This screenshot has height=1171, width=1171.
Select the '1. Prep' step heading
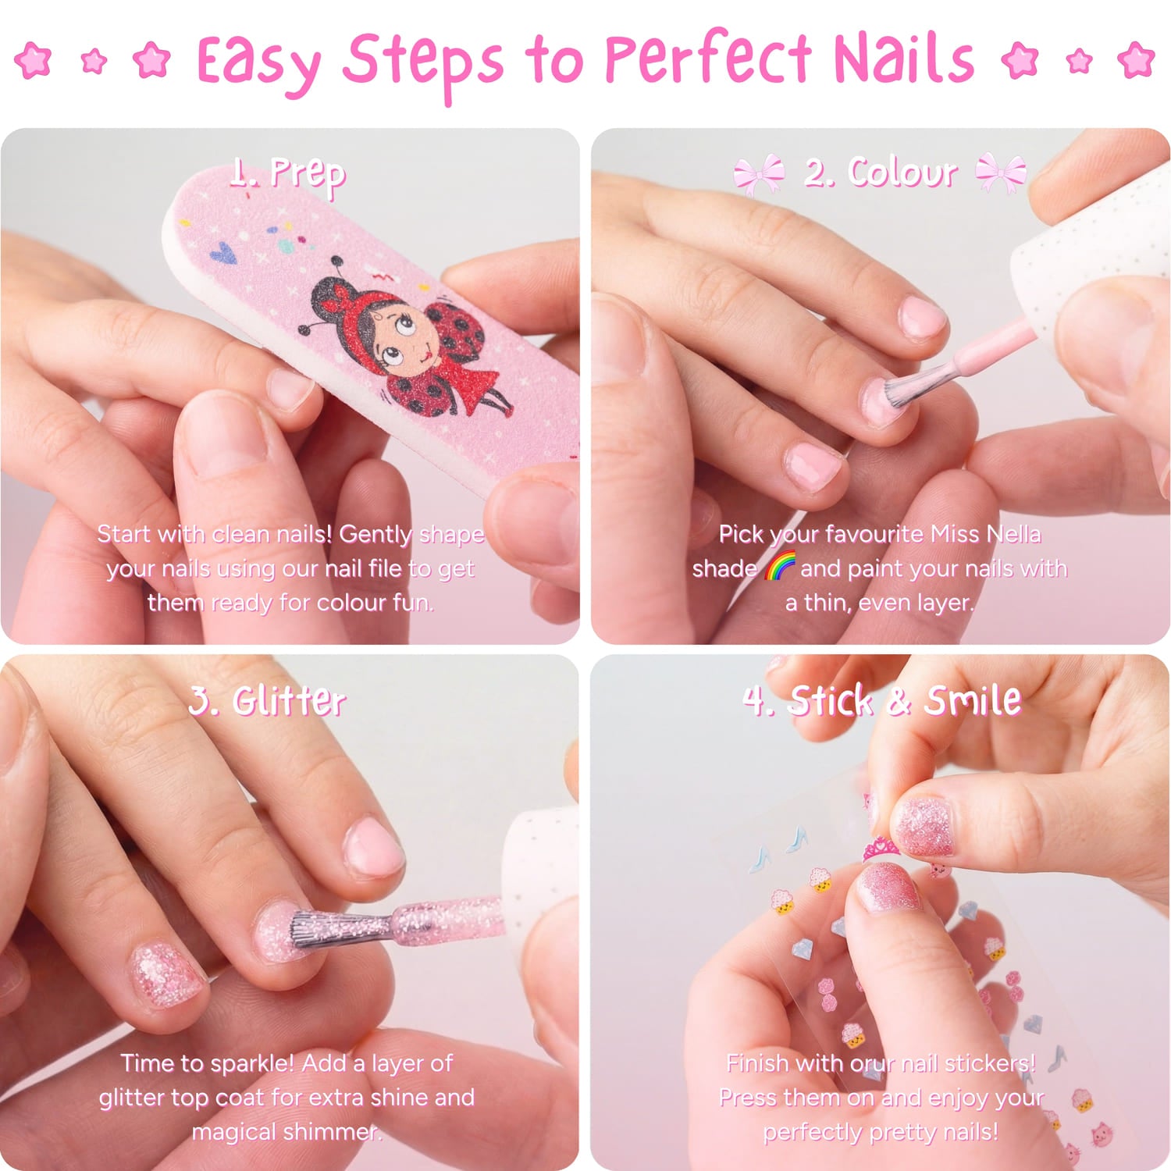point(288,174)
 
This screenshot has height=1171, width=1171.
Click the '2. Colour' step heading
point(881,173)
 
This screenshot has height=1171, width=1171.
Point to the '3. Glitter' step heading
point(267,700)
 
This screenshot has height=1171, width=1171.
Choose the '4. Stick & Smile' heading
point(881,700)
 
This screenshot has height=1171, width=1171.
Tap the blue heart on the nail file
point(223,252)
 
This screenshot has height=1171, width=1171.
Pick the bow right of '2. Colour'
point(1002,173)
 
